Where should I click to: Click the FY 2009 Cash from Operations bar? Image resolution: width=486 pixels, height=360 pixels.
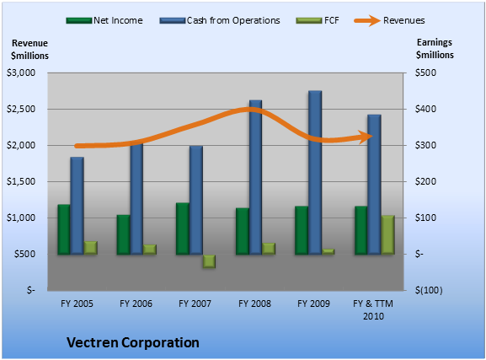315,173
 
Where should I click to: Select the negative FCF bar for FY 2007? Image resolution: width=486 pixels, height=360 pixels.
209,261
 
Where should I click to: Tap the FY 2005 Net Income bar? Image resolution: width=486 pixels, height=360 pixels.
64,229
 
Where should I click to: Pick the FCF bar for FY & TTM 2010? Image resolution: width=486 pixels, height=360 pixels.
387,235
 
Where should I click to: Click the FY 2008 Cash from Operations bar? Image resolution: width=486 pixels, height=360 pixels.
256,177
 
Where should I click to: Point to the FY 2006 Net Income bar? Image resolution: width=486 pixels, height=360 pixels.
123,234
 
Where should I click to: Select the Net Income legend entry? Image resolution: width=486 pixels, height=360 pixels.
104,20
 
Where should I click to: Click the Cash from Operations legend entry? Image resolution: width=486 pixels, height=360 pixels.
220,20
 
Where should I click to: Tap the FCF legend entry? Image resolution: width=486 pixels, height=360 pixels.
318,20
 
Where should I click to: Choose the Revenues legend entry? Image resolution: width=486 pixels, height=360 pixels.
390,20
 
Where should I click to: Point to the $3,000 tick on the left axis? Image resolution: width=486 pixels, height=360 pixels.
21,73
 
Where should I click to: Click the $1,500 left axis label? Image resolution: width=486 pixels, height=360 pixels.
21,181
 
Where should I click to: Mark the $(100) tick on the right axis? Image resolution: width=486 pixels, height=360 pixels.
429,291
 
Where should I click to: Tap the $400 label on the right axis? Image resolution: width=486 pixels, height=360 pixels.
425,109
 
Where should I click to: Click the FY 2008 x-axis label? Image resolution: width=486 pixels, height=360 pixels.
254,304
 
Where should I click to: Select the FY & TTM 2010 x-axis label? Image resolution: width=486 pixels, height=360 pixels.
373,309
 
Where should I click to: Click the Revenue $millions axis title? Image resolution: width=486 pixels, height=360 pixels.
29,50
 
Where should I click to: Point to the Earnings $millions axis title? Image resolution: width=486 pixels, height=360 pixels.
435,49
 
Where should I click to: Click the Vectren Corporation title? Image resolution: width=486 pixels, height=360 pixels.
133,342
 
